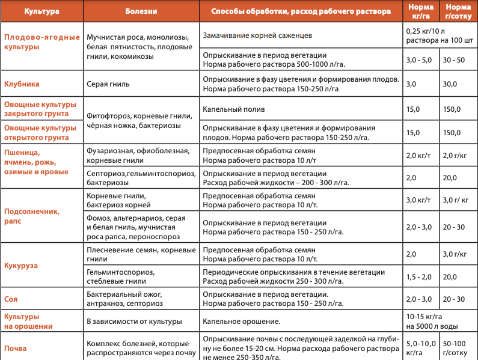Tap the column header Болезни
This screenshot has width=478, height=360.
point(141,11)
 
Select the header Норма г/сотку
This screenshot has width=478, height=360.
point(458,11)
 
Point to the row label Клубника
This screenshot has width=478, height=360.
point(22,84)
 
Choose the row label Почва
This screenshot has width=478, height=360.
point(16,348)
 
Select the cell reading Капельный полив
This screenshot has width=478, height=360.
point(234,110)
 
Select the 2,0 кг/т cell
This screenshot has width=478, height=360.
point(418,156)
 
